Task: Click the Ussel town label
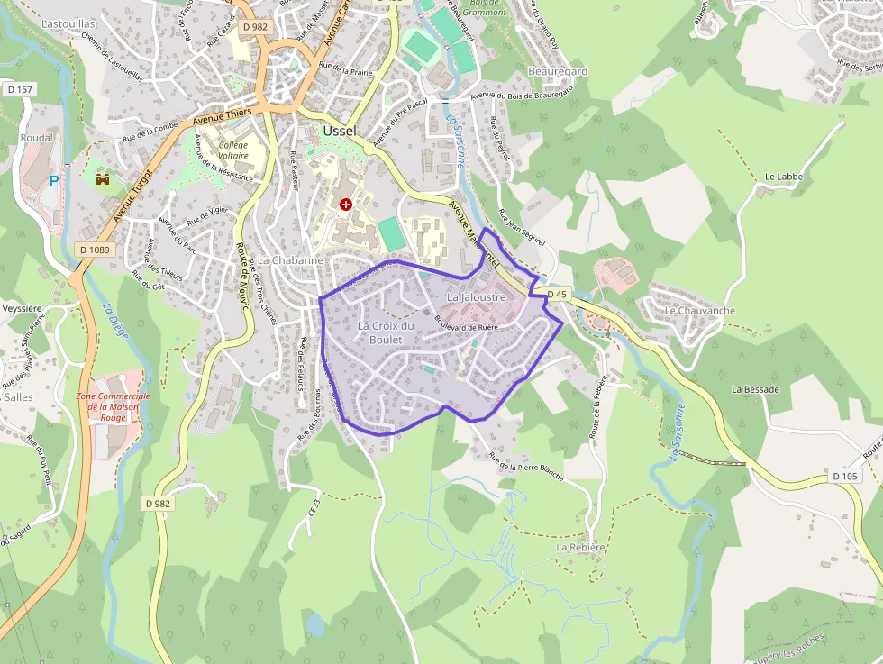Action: pyautogui.click(x=339, y=132)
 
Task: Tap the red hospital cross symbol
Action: pyautogui.click(x=345, y=205)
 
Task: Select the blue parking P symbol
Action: pyautogui.click(x=54, y=180)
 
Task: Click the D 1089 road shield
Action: pyautogui.click(x=94, y=250)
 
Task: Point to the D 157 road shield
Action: pyautogui.click(x=19, y=89)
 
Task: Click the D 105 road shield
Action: pyautogui.click(x=845, y=476)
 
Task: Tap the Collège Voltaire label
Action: pyautogui.click(x=232, y=150)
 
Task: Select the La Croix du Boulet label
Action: pyautogui.click(x=386, y=332)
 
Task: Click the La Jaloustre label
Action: pyautogui.click(x=476, y=296)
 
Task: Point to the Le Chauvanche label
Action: pyautogui.click(x=699, y=311)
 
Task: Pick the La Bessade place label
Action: pyautogui.click(x=755, y=389)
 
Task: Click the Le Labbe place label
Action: pyautogui.click(x=783, y=177)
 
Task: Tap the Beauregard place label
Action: pyautogui.click(x=558, y=71)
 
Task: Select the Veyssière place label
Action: pyautogui.click(x=23, y=307)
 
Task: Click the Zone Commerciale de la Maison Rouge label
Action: pyautogui.click(x=114, y=407)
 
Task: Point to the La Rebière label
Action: pyautogui.click(x=580, y=547)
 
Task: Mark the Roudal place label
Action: pyautogui.click(x=37, y=138)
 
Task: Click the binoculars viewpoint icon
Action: pyautogui.click(x=103, y=179)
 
